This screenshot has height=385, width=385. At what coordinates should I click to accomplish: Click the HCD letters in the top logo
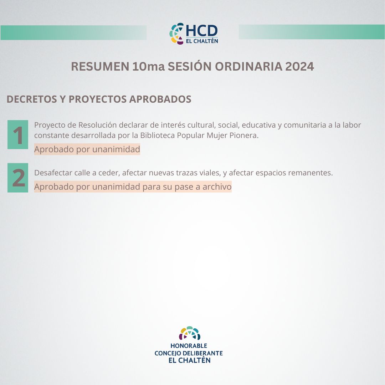(201, 31)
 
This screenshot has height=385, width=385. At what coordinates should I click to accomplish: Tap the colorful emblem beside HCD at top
(176, 34)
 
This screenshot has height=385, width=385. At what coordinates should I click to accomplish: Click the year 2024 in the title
(299, 67)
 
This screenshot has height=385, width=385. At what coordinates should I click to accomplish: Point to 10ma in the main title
(148, 67)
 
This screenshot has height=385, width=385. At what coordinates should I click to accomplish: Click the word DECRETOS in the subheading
(32, 99)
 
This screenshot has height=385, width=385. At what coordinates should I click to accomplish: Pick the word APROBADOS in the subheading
(160, 99)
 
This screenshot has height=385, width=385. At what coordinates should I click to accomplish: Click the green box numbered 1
(18, 134)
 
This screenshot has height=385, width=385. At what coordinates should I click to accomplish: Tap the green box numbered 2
(18, 178)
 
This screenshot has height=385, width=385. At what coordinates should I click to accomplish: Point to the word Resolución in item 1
(97, 125)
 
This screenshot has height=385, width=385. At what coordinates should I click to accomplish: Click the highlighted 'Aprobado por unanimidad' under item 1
(87, 149)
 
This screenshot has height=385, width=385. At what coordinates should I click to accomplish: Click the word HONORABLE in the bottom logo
(189, 346)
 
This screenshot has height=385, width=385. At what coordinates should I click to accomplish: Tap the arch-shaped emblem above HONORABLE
(190, 333)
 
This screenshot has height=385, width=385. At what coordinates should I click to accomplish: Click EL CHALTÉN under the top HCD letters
(202, 41)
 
